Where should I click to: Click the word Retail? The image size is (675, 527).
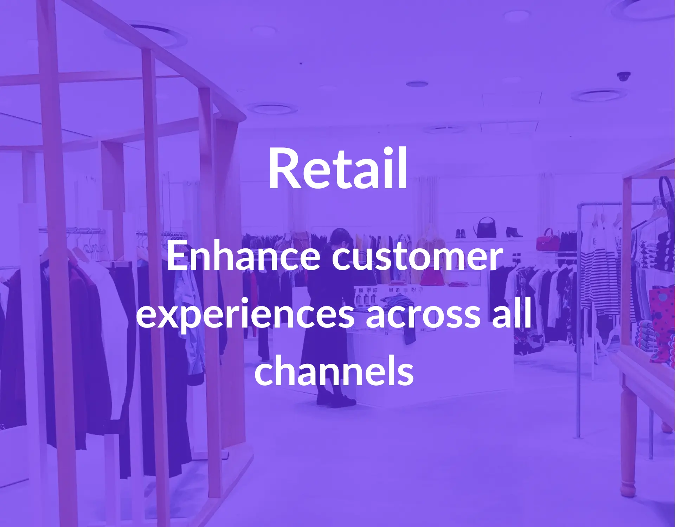click(x=337, y=168)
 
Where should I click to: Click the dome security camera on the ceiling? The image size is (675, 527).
click(x=624, y=76)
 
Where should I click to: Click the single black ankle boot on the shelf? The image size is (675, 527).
click(x=514, y=232)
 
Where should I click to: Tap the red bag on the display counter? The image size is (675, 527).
click(x=432, y=276)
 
